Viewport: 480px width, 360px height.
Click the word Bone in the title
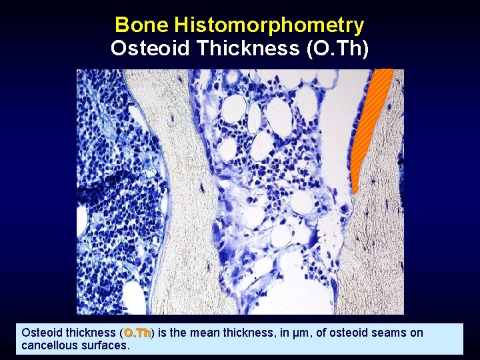coord(141,25)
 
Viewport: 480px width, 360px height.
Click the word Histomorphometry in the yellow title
coord(269,25)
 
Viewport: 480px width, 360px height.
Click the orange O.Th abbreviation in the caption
coord(138,333)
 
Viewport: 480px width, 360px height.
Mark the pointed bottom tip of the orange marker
coord(354,193)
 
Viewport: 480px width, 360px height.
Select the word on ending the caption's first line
coord(417,333)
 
